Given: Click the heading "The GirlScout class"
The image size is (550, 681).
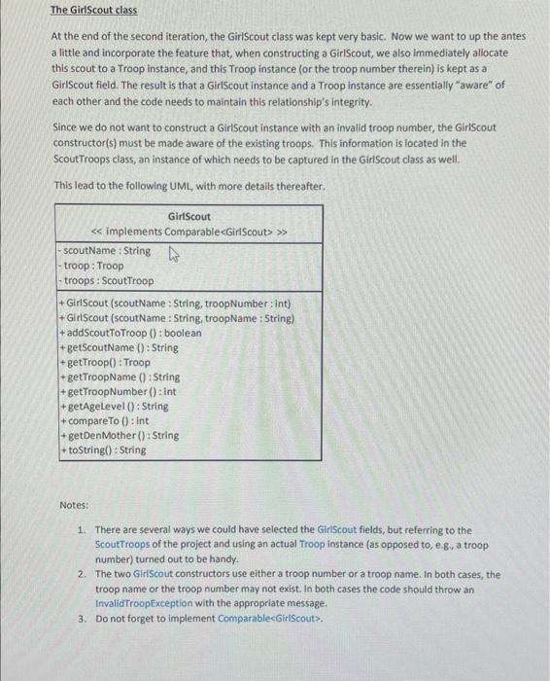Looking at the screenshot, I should point(93,11).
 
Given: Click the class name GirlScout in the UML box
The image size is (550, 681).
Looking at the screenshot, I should point(189,216).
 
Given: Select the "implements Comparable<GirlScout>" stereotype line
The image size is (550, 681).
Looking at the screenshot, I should point(189,232).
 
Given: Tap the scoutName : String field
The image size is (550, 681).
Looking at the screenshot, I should point(106,251).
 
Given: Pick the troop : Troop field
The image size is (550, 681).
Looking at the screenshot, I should point(92,266).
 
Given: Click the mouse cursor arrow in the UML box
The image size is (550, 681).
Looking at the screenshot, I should point(175,256).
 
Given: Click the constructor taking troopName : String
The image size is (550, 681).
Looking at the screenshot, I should point(179,318).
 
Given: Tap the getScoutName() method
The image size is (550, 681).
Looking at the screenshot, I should point(120,347).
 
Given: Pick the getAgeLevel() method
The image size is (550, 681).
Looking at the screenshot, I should point(116,406).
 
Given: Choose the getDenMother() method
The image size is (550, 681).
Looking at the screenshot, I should point(120,435).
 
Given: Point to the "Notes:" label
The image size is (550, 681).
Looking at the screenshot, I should point(74,506).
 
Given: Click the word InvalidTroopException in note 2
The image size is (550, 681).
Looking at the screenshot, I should point(144,602).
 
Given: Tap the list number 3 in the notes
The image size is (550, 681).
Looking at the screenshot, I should point(82,618).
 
